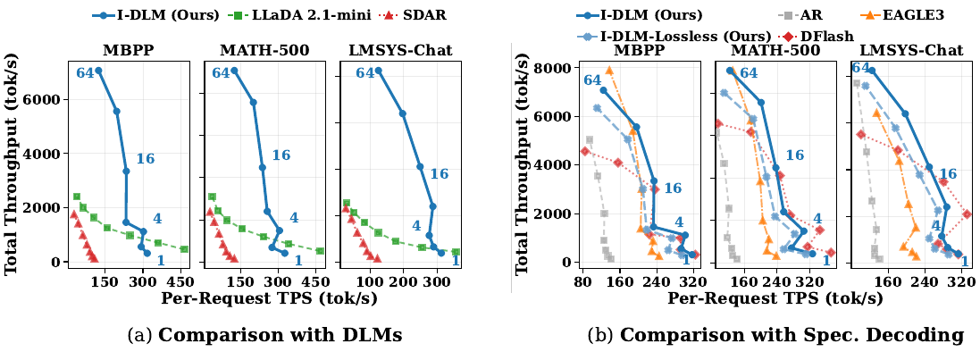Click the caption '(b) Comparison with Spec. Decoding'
pos(775,335)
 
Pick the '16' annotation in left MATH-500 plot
pos(281,155)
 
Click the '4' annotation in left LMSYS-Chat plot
pos(415,225)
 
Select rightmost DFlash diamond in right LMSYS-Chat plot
pos(967,213)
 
